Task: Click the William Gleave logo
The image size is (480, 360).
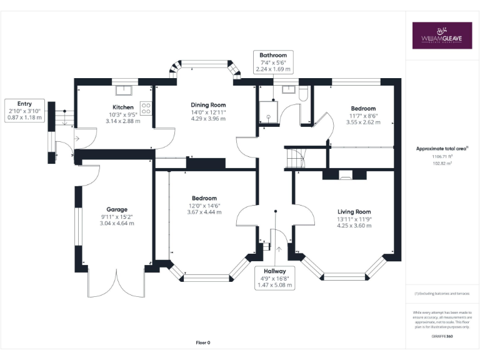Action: (442, 36)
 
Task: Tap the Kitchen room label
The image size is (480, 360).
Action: (122, 107)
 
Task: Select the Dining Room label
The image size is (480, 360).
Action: (208, 105)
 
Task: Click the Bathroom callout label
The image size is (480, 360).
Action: (273, 56)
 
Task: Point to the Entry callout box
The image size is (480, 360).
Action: (24, 110)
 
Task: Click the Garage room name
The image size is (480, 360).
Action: (117, 209)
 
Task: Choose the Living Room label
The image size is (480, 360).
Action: (354, 212)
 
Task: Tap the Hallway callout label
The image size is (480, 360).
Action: (274, 271)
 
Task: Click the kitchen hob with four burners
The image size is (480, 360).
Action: (146, 108)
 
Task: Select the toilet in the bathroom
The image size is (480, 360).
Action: (304, 93)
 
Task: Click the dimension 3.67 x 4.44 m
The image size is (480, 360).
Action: (204, 212)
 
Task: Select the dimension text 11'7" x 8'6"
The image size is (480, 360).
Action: (362, 116)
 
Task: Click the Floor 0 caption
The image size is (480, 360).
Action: (203, 342)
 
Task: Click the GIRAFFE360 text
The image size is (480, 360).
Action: (442, 336)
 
